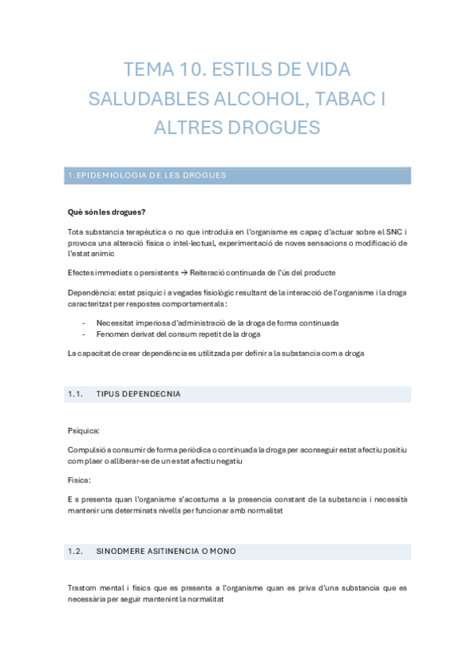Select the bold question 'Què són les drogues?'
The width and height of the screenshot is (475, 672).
click(x=106, y=212)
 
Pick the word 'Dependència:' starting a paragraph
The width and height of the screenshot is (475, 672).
click(x=90, y=292)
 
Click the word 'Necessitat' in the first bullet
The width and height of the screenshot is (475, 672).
click(x=116, y=323)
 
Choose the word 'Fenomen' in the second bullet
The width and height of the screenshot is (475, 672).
click(x=113, y=334)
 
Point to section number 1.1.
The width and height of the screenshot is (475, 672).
click(x=76, y=394)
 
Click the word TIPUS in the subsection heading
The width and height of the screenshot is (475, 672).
click(x=109, y=394)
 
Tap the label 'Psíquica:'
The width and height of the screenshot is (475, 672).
click(x=84, y=430)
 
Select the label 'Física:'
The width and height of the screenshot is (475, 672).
click(x=79, y=480)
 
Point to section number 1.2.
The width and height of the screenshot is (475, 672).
click(x=76, y=551)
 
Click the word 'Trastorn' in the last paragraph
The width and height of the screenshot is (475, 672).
click(x=85, y=589)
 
